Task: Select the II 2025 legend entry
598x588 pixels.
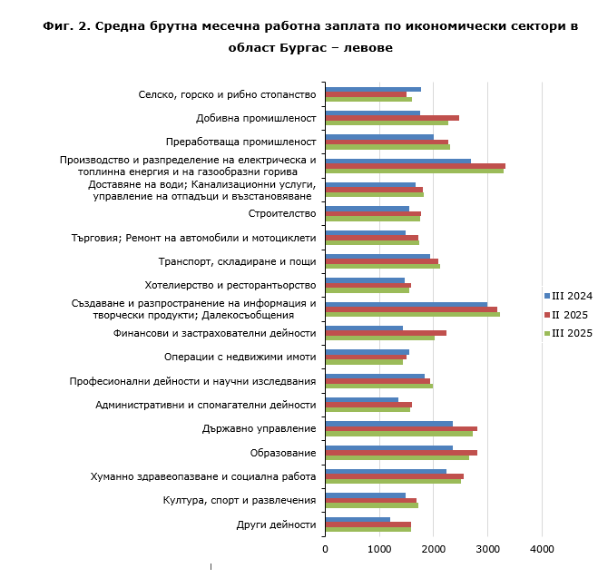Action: point(570,315)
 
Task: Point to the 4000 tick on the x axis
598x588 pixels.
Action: point(542,548)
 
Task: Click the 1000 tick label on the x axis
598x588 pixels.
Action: point(379,548)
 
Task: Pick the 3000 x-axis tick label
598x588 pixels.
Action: point(487,548)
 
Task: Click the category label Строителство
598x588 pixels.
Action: point(281,214)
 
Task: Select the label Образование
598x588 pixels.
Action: point(282,453)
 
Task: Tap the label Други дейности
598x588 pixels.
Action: point(276,524)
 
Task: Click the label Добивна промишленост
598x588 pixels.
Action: point(256,118)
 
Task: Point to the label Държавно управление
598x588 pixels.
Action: point(259,429)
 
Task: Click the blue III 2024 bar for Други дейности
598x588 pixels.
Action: point(358,520)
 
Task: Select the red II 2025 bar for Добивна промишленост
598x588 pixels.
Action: point(392,118)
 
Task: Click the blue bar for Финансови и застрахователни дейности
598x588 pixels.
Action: point(364,328)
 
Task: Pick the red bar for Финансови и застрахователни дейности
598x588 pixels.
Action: point(386,333)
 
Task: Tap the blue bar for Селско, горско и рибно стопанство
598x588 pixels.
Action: point(373,90)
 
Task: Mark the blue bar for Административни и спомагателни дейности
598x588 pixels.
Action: point(362,400)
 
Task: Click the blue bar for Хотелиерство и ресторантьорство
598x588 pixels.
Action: point(365,280)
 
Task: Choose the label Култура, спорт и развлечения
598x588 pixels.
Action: point(240,501)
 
